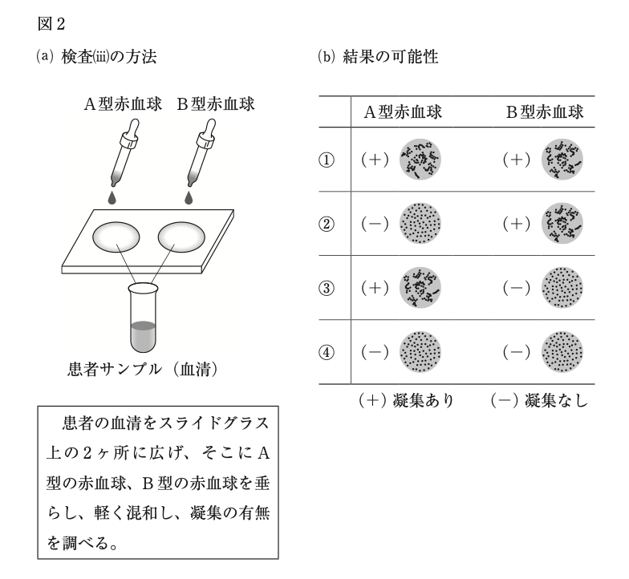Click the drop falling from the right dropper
coord(189,196)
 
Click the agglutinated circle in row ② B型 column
coord(562,223)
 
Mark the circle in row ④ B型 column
coord(562,351)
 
